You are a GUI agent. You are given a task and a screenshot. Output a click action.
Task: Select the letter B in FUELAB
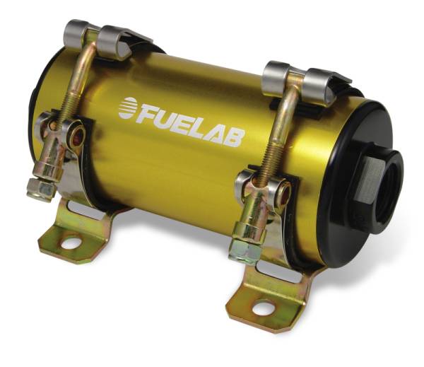[x=233, y=135]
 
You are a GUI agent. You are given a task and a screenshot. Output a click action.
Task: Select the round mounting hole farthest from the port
[x=71, y=244]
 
